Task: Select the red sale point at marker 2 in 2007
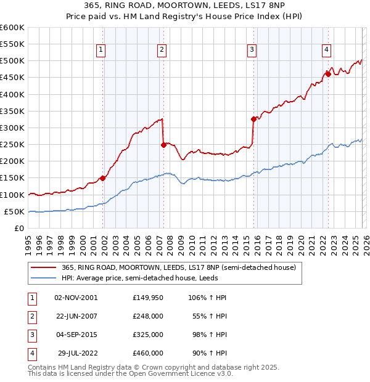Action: [163, 145]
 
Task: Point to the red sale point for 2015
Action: [253, 120]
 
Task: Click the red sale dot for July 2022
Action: [328, 75]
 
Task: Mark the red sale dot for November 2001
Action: [102, 178]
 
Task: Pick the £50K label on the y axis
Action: [14, 211]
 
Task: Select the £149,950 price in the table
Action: [148, 298]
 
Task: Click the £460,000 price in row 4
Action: [148, 353]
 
